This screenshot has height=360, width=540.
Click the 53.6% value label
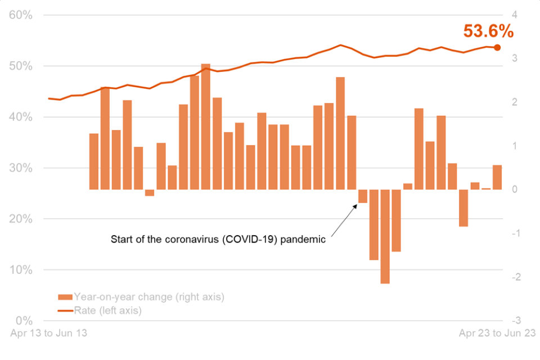[x=488, y=31]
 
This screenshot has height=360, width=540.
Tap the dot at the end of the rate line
[x=497, y=47]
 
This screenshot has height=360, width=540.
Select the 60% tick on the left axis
[x=21, y=15]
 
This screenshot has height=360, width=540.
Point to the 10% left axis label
[x=21, y=270]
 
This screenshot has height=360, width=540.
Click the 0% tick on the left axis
[x=24, y=321]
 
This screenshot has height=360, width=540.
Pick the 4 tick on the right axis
[x=515, y=15]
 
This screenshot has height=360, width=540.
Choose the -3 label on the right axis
[x=513, y=321]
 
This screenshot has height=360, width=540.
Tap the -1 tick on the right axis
[x=513, y=233]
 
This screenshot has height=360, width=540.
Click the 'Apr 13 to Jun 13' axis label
[x=49, y=334]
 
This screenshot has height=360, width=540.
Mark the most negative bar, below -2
[x=385, y=236]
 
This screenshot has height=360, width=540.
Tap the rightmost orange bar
[x=497, y=177]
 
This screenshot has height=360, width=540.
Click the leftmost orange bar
[x=94, y=161]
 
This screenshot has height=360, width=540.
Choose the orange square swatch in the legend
[x=65, y=297]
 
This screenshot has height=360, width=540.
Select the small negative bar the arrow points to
[x=363, y=196]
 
